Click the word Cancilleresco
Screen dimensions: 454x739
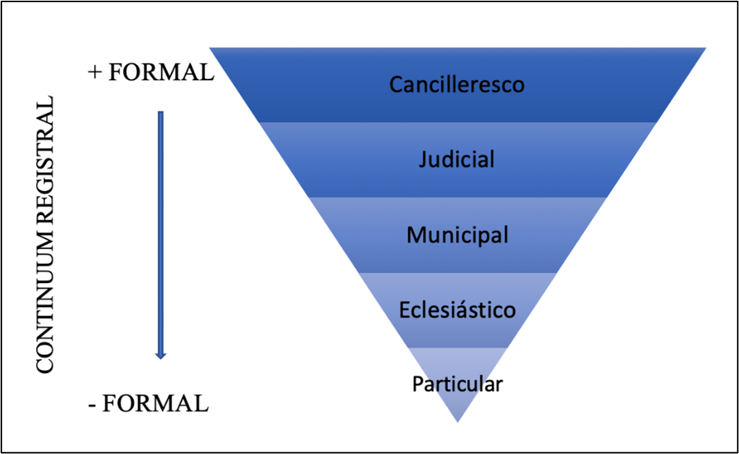[x=457, y=85]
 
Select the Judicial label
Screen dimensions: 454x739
[x=457, y=159]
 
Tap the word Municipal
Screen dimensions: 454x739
[x=457, y=235]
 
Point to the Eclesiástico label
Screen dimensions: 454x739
[x=457, y=310]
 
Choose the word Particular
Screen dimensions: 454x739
[x=457, y=384]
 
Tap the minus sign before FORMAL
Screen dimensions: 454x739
[x=93, y=403]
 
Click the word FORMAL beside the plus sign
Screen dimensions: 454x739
[x=161, y=72]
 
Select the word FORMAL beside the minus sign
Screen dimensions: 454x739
[x=156, y=403]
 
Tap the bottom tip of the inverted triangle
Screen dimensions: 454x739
[x=457, y=421]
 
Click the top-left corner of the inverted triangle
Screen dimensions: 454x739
[x=211, y=49]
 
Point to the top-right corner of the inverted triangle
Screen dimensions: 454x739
[x=704, y=49]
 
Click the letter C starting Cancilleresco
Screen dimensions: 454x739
[x=396, y=85]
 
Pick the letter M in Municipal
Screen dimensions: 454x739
[x=415, y=235]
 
